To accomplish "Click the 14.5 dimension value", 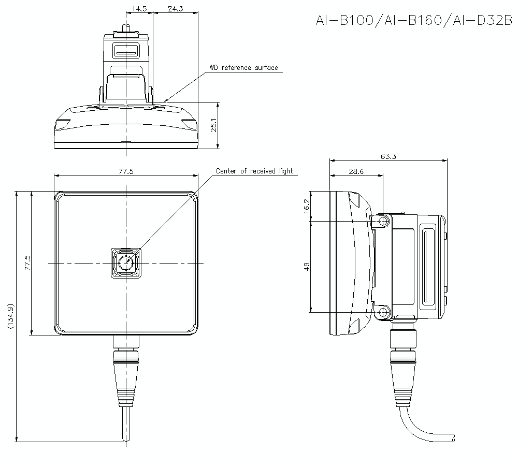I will (x=139, y=9).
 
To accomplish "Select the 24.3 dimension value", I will (x=175, y=9).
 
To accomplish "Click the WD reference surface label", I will (x=243, y=68).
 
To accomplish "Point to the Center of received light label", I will (x=254, y=171).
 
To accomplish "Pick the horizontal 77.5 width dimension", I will (x=126, y=171).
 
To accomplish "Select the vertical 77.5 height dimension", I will (x=27, y=263).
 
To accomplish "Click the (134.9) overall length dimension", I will (x=11, y=316).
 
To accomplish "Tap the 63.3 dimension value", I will (x=388, y=156).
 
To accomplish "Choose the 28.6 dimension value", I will (x=356, y=171).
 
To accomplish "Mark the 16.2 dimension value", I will (x=306, y=206).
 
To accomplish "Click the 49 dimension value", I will (x=306, y=267).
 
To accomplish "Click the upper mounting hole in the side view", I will (x=383, y=222).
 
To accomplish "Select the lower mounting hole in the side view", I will (x=383, y=312).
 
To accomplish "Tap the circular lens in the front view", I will (x=126, y=264).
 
